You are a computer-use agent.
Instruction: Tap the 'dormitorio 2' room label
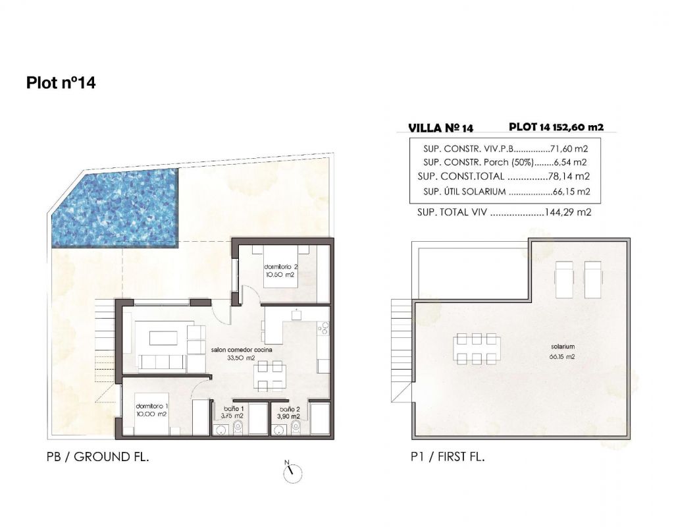point(280,267)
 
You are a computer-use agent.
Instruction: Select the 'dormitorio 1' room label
point(152,406)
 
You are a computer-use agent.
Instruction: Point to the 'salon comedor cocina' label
point(242,350)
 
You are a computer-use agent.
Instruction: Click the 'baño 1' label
point(234,408)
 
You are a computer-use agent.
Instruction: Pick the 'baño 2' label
point(290,409)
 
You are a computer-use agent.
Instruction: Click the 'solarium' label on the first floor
point(563,347)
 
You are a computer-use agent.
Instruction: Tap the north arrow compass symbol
point(292,472)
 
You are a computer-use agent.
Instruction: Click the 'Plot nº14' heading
point(61,82)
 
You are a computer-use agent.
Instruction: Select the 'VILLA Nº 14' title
point(440,128)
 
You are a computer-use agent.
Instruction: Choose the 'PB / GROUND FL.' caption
point(97,457)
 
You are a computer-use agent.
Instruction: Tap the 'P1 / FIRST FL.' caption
point(448,457)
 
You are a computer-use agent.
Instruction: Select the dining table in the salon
point(270,376)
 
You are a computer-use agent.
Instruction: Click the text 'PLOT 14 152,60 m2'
point(556,127)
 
